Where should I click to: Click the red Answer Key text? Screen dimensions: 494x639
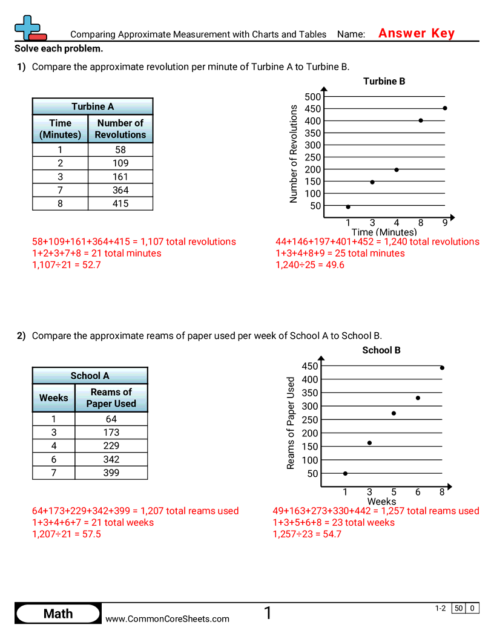(x=416, y=33)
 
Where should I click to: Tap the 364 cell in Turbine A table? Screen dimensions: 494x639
(x=120, y=190)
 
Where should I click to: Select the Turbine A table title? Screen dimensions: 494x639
(x=93, y=106)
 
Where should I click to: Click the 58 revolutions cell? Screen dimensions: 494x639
(x=120, y=149)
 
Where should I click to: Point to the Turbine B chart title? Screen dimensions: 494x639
(x=384, y=81)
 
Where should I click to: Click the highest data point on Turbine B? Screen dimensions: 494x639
(x=445, y=108)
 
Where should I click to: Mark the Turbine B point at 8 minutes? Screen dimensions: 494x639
(x=421, y=120)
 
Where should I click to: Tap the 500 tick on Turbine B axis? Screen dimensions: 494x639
(x=313, y=97)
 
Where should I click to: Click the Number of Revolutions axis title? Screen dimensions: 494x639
(x=294, y=154)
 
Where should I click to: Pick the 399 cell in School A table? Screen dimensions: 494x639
(x=111, y=473)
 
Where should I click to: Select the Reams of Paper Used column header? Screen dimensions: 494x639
(x=111, y=398)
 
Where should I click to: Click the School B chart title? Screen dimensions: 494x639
(x=381, y=350)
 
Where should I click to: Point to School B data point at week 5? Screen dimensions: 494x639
(x=394, y=413)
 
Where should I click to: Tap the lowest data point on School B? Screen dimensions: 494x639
(x=345, y=473)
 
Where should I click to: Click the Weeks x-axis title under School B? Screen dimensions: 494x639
(x=381, y=501)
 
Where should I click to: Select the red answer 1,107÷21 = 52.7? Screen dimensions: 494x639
(x=66, y=265)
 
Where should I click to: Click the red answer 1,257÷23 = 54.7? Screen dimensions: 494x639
(x=307, y=534)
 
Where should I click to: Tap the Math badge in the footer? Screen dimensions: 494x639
(x=58, y=614)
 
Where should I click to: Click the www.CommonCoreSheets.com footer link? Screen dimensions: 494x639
(x=168, y=618)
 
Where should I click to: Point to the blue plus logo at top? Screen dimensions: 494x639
(x=28, y=27)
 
